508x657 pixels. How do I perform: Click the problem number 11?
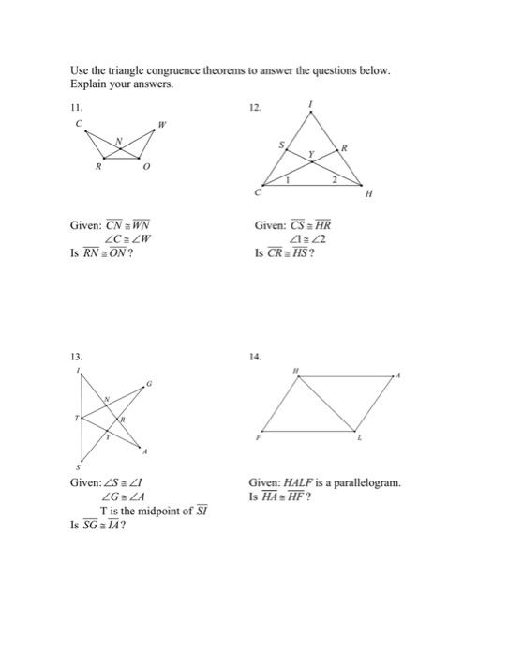[x=76, y=107]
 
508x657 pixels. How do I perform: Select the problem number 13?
[x=76, y=358]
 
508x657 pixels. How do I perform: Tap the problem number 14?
[x=255, y=358]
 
